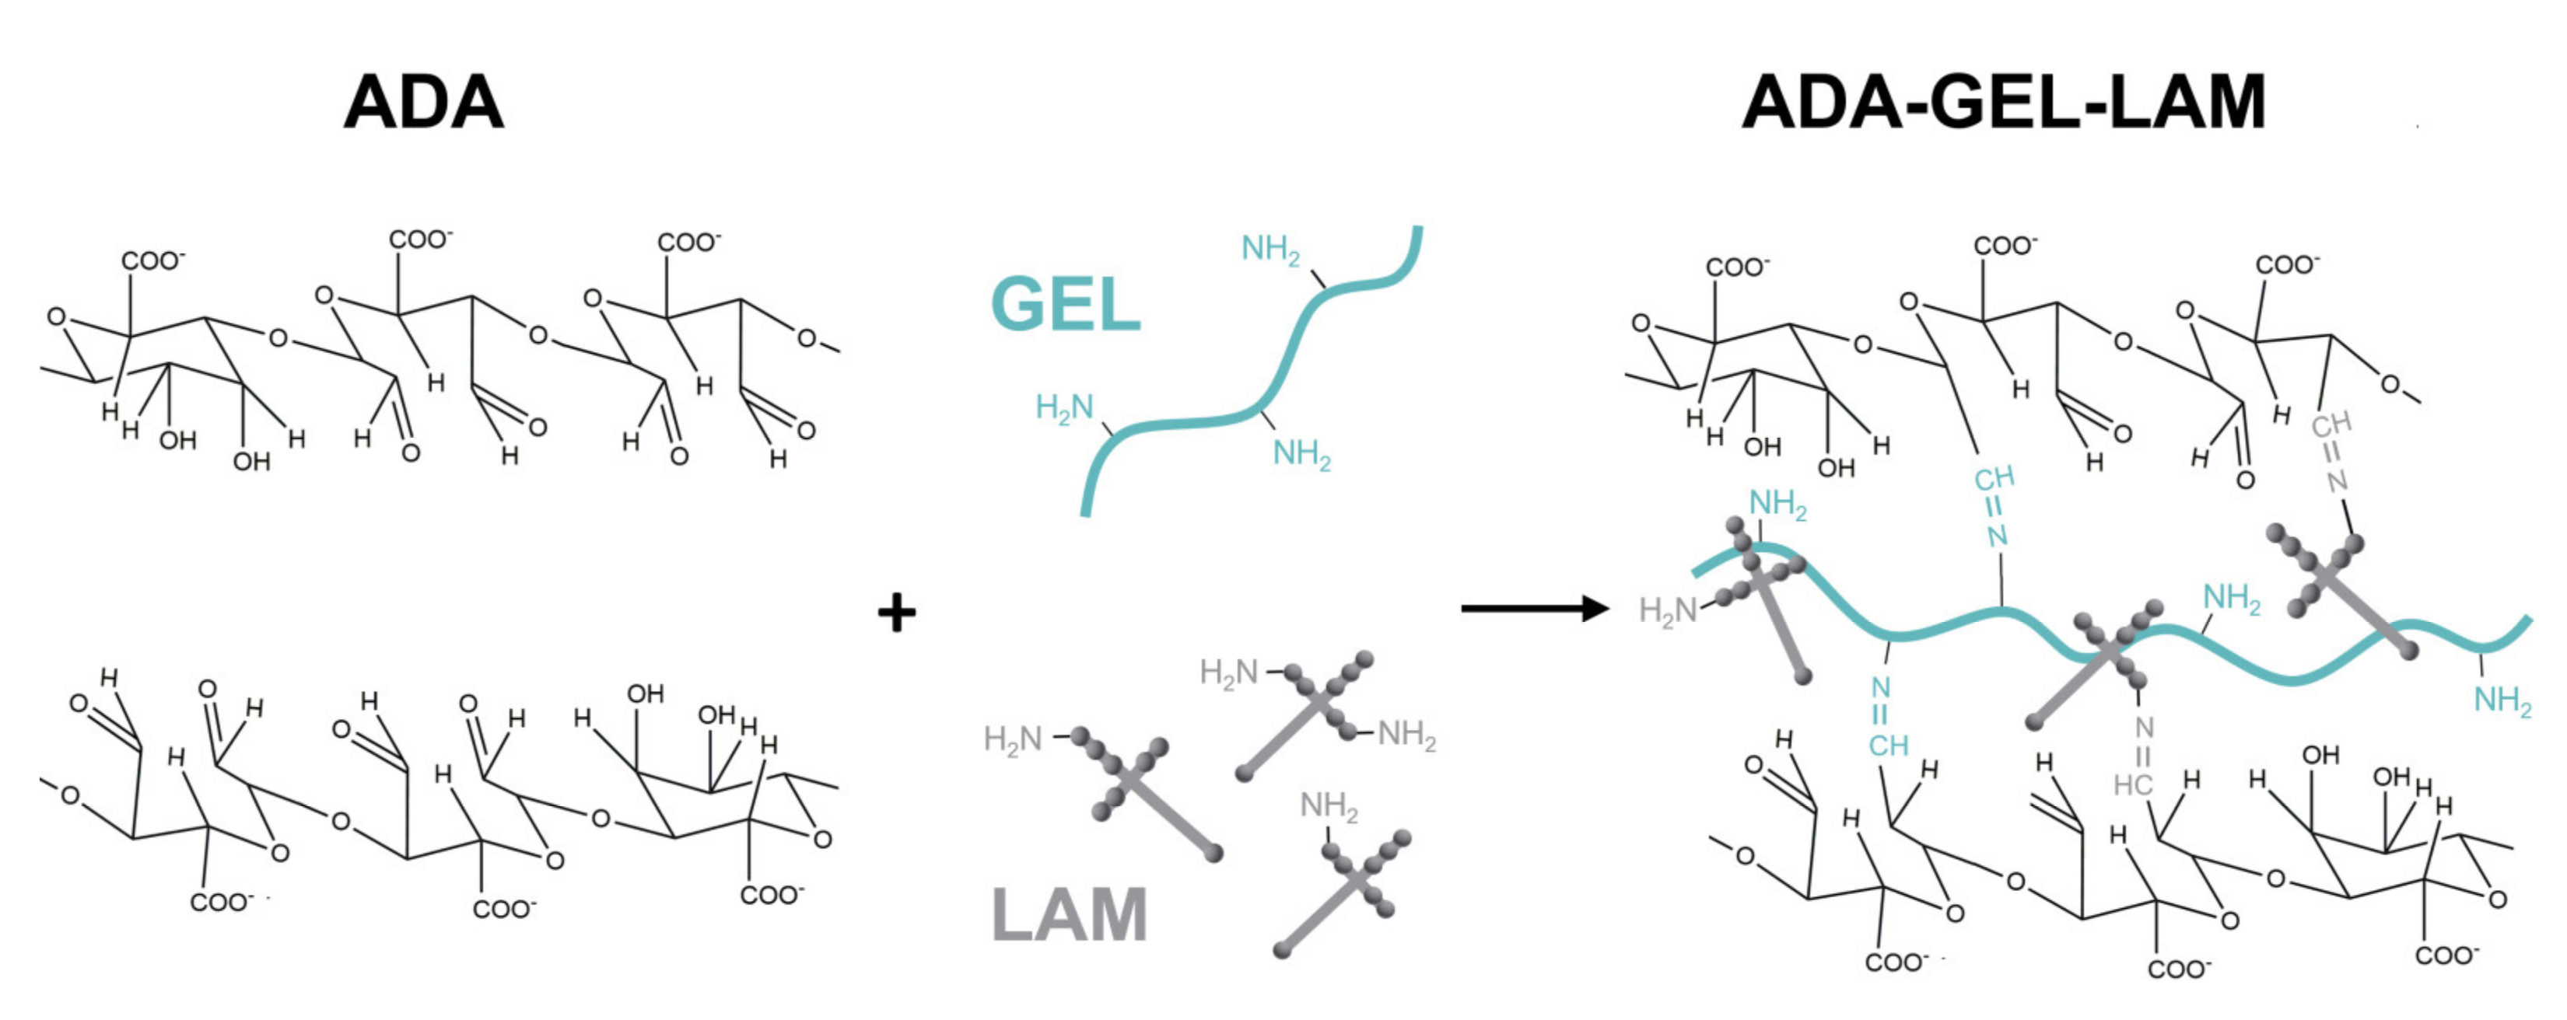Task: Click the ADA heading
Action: click(423, 103)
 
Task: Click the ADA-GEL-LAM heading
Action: click(2004, 103)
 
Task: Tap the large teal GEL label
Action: click(1065, 304)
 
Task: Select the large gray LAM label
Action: click(1070, 914)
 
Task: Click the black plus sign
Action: click(896, 612)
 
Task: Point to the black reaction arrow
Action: click(1535, 608)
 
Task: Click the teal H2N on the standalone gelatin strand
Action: click(1064, 407)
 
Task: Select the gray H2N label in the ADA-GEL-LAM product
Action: click(1667, 610)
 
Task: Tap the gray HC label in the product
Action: click(2132, 785)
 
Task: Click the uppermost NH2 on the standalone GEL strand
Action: click(1269, 248)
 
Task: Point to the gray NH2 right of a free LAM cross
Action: click(1406, 735)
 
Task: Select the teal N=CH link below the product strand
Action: click(1886, 717)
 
